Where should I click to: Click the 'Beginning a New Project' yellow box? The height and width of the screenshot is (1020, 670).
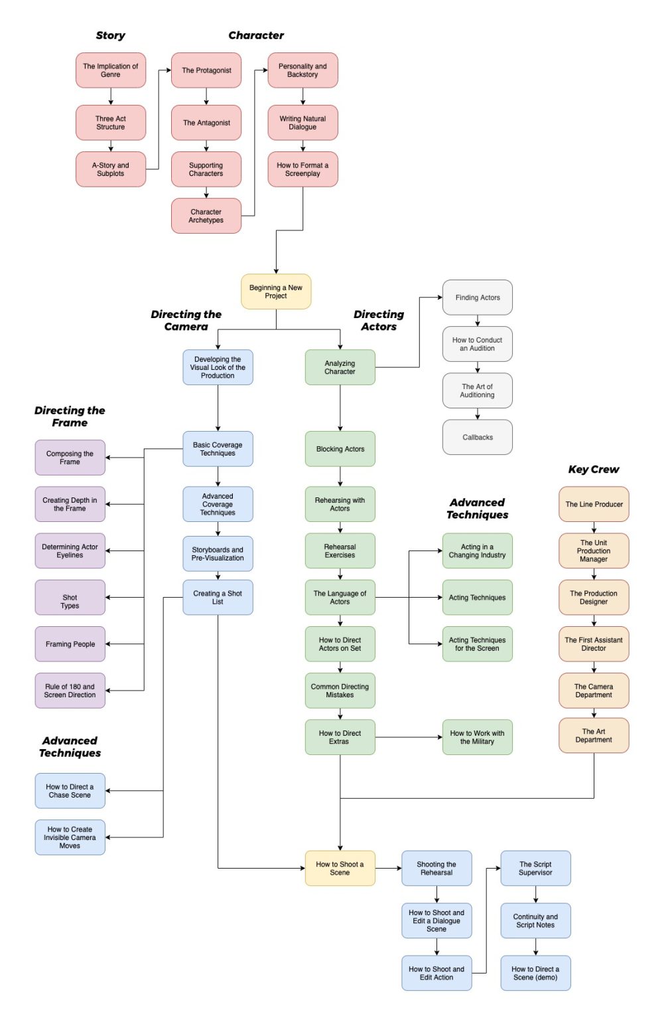(275, 292)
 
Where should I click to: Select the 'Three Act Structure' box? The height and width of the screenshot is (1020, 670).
(110, 123)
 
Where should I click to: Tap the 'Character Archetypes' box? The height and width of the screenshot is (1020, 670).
(206, 216)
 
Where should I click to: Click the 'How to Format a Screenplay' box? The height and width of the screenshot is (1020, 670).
(302, 169)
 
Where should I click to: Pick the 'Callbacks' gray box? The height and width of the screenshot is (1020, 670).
(477, 437)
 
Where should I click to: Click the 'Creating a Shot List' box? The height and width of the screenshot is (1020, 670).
(218, 598)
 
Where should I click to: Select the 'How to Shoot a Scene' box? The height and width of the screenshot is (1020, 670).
(340, 868)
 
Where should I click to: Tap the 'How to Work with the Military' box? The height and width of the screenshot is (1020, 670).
(477, 737)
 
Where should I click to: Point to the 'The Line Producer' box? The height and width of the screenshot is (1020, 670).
(594, 504)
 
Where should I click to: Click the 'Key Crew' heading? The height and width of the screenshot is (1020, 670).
(593, 469)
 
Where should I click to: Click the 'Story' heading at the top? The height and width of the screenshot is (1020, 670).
(110, 35)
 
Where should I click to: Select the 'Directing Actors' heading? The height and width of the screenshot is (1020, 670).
(378, 320)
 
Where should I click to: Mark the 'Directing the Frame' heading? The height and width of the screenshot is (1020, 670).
(70, 416)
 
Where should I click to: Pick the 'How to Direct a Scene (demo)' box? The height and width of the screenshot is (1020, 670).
(535, 973)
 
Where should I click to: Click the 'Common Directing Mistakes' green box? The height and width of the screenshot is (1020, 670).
(340, 691)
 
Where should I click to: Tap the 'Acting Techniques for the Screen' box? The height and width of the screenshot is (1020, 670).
(477, 644)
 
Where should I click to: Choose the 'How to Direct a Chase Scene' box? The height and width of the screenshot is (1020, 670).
(70, 791)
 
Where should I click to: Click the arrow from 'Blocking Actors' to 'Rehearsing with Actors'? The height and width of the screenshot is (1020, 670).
(340, 477)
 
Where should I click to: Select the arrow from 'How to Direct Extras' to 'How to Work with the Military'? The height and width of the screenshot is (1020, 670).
(409, 737)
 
